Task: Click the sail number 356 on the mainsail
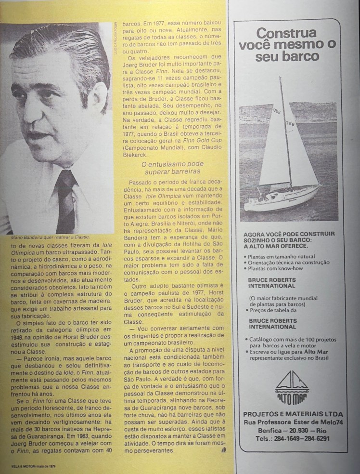click(x=290, y=124)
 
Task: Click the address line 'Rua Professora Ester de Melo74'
click(x=293, y=422)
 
